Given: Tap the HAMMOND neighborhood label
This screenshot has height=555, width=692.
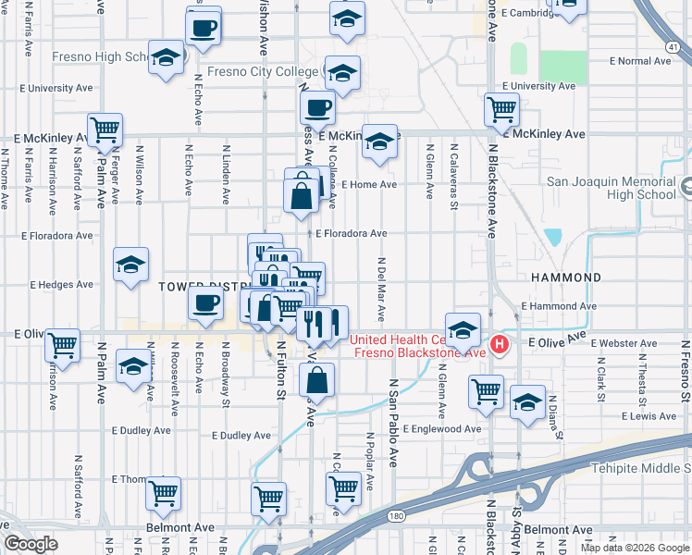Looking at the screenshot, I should tap(565, 277).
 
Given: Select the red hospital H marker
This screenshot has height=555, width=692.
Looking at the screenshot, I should tap(500, 346).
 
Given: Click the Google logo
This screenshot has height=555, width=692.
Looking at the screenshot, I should tap(31, 544).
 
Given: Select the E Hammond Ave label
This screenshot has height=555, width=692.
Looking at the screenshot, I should tap(558, 305).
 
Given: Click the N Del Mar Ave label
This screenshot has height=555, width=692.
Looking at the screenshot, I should tap(380, 288).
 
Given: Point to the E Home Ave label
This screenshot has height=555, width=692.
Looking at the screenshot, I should tap(368, 184).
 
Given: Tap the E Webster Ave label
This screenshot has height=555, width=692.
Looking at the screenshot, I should tap(625, 343).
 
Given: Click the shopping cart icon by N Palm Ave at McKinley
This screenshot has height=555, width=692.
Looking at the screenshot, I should tap(105, 129).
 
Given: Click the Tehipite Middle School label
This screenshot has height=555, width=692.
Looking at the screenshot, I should tap(638, 467).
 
